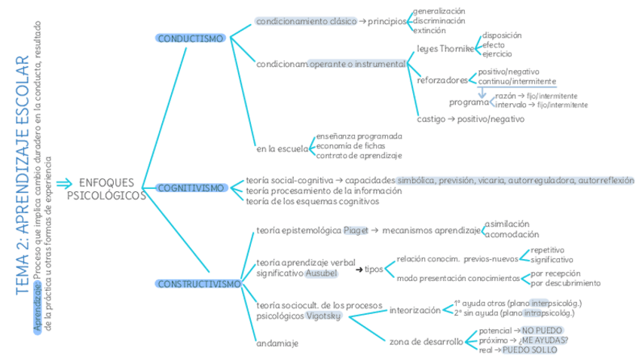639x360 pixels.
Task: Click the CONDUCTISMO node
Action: pyautogui.click(x=191, y=38)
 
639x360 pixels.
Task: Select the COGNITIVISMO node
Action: pyautogui.click(x=191, y=188)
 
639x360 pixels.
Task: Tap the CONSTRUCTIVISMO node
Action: pyautogui.click(x=199, y=284)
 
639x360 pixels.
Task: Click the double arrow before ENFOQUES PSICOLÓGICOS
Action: pyautogui.click(x=64, y=183)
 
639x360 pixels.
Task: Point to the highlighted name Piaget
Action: pyautogui.click(x=356, y=230)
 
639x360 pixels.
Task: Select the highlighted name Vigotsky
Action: pyautogui.click(x=324, y=316)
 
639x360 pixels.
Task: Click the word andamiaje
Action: pyautogui.click(x=277, y=343)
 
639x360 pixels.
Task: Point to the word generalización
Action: pyautogui.click(x=439, y=11)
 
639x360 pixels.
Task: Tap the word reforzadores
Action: pyautogui.click(x=442, y=80)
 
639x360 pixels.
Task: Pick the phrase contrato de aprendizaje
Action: pyautogui.click(x=359, y=155)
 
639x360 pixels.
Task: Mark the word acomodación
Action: pyautogui.click(x=512, y=234)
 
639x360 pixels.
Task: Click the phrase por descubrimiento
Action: pyautogui.click(x=565, y=283)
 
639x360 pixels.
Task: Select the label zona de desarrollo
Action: pyautogui.click(x=426, y=341)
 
